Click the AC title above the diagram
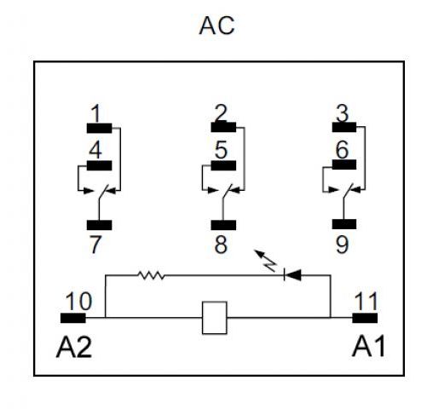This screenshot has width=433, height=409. [x=216, y=26]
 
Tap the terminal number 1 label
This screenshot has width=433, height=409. [x=96, y=113]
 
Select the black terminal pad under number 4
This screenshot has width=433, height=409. [x=99, y=165]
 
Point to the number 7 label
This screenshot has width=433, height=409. [x=95, y=245]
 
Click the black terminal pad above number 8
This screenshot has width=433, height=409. [x=223, y=225]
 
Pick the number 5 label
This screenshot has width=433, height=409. [x=221, y=150]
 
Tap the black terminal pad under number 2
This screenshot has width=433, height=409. [x=223, y=127]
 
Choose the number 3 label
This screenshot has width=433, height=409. [x=342, y=113]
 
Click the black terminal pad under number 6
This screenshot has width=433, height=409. [x=344, y=164]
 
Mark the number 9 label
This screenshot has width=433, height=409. [x=342, y=245]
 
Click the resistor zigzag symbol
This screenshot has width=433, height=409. [x=151, y=275]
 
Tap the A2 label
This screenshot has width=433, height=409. [x=74, y=347]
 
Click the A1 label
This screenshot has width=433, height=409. [x=368, y=346]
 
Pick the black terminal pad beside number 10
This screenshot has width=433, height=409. [x=73, y=318]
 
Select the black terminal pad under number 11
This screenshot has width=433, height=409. [x=365, y=318]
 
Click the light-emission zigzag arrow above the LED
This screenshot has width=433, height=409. [x=265, y=261]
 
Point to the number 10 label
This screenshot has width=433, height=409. [x=79, y=301]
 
